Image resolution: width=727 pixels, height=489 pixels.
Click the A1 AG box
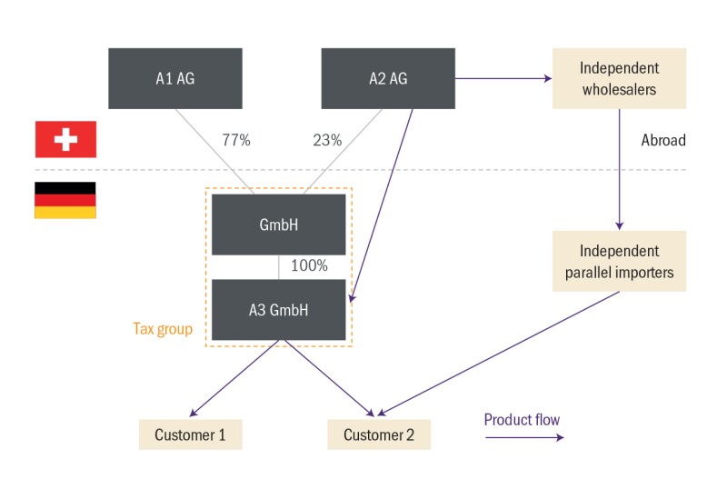(x=175, y=79)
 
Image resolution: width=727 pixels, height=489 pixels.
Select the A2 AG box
(x=388, y=79)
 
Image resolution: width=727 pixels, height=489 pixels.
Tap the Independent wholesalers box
(x=619, y=79)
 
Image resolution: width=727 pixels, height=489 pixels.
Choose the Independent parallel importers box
(x=619, y=261)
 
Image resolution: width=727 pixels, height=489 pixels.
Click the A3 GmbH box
(x=279, y=310)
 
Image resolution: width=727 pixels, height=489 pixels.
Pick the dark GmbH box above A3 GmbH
(x=279, y=225)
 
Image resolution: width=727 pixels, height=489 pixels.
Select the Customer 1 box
(x=190, y=434)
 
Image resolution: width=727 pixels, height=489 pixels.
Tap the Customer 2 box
(x=379, y=434)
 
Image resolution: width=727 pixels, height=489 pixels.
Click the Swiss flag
(x=65, y=139)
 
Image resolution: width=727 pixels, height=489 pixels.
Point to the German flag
(x=65, y=200)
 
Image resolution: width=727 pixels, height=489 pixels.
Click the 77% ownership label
(x=236, y=141)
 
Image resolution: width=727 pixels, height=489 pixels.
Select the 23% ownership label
(x=327, y=141)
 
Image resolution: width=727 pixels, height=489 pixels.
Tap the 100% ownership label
(x=309, y=266)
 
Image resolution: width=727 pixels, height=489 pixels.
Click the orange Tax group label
(x=163, y=329)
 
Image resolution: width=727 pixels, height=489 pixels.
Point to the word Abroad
(x=663, y=141)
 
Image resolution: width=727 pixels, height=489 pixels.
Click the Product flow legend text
(x=522, y=420)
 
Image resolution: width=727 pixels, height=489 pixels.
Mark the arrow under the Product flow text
(x=523, y=438)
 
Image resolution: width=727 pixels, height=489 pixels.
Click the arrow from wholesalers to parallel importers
(x=619, y=168)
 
